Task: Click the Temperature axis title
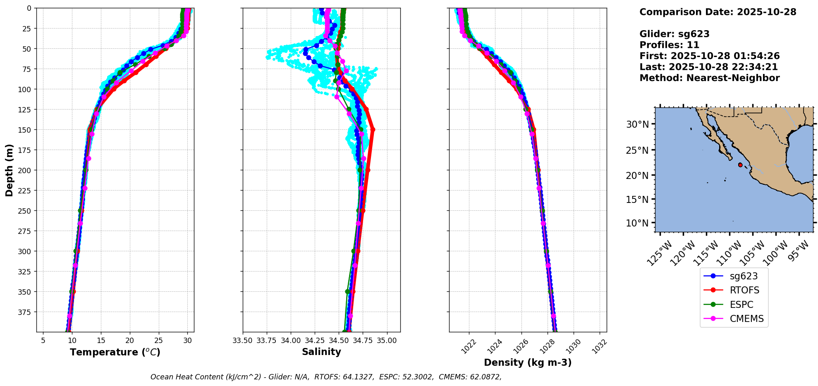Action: (115, 352)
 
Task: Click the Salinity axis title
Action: (321, 352)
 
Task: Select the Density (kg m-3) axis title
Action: (528, 362)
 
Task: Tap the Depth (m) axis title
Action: (10, 170)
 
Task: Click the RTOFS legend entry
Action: (744, 291)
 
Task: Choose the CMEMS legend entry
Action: (746, 319)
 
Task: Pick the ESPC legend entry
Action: (741, 305)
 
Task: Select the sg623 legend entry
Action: (744, 276)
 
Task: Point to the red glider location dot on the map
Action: (740, 165)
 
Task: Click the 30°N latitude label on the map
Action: (637, 124)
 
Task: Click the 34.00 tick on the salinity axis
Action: (291, 341)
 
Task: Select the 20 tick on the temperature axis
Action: (130, 341)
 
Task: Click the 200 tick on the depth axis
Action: (26, 170)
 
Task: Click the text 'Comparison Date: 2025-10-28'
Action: (718, 12)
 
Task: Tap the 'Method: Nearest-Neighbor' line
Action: (709, 78)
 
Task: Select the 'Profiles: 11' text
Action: (669, 45)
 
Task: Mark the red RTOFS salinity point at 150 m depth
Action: (373, 130)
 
